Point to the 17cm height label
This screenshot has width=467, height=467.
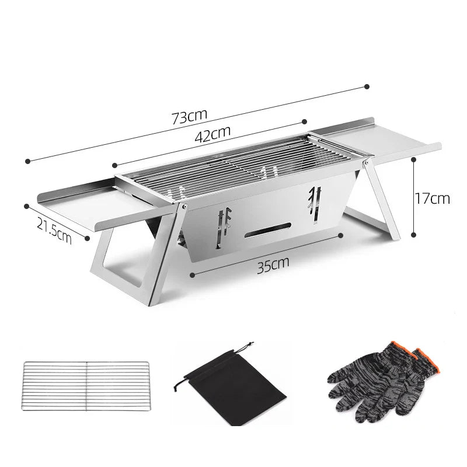[433, 198]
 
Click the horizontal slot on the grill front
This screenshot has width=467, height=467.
[269, 231]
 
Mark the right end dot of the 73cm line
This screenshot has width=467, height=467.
[367, 86]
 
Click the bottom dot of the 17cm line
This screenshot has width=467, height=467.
[414, 235]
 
